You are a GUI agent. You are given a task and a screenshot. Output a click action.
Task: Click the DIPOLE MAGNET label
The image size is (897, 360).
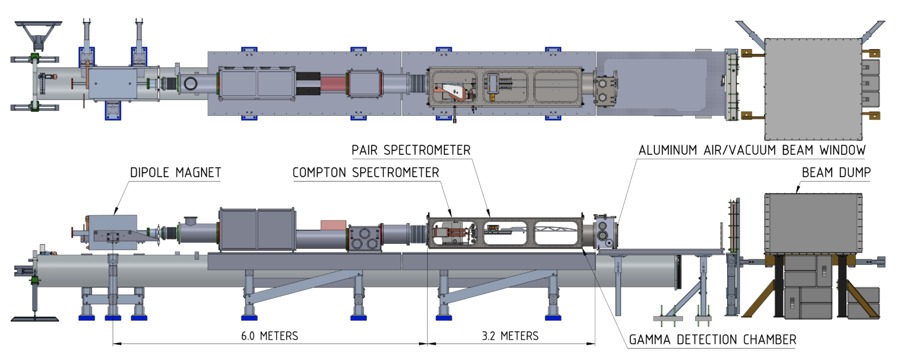click(175, 172)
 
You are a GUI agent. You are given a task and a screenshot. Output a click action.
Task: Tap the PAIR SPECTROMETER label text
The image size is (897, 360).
click(411, 150)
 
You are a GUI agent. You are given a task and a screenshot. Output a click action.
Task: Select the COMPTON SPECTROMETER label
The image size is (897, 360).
click(366, 172)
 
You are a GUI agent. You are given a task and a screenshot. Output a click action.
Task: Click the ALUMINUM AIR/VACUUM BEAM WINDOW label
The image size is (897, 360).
click(752, 150)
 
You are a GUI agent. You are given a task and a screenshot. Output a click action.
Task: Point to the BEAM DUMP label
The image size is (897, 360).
click(836, 172)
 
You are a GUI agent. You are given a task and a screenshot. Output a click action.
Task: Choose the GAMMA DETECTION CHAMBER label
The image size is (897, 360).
click(712, 339)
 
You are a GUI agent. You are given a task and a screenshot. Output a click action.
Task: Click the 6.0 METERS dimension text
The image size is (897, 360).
click(269, 336)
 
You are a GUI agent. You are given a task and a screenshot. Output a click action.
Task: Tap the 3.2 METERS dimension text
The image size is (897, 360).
click(510, 336)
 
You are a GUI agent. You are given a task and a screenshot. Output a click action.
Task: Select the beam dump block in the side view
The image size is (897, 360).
click(813, 223)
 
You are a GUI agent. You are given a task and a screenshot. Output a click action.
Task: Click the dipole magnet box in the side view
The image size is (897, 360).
click(113, 232)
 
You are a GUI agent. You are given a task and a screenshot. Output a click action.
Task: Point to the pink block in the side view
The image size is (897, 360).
click(333, 225)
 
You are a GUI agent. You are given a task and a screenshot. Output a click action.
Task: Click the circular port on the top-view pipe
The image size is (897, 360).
click(190, 84)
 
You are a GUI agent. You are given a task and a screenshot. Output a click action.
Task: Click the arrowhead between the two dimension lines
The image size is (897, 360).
click(427, 344)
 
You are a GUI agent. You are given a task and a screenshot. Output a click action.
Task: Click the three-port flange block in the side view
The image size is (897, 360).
click(364, 239)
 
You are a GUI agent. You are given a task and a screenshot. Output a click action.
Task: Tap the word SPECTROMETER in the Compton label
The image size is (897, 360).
click(395, 172)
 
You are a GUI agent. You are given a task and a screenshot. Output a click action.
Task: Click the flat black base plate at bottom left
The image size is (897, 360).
click(35, 319)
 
